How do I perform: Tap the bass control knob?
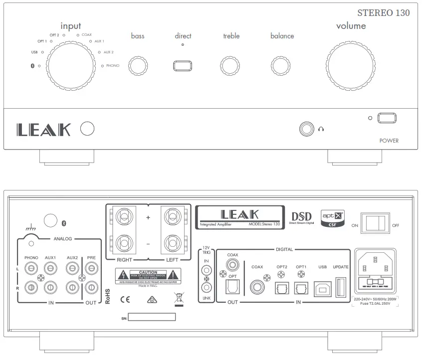tap(138, 66)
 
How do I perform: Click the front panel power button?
tap(387, 118)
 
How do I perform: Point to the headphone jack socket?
tap(306, 129)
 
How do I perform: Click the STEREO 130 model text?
tap(384, 13)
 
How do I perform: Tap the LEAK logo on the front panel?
tap(44, 130)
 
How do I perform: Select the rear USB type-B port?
tap(322, 289)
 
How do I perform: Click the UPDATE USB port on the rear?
tap(341, 289)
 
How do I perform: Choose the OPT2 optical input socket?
tap(282, 289)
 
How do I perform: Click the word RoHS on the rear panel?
tap(108, 296)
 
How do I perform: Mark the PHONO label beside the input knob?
tap(112, 66)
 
